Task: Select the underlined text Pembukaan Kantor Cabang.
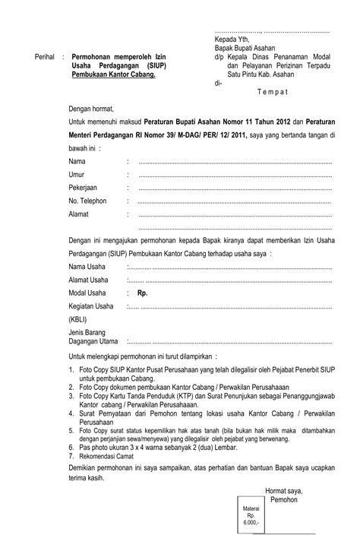[113, 75]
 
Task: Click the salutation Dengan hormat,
[94, 109]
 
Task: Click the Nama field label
[77, 163]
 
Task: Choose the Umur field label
[77, 176]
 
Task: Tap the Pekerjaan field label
[83, 188]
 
